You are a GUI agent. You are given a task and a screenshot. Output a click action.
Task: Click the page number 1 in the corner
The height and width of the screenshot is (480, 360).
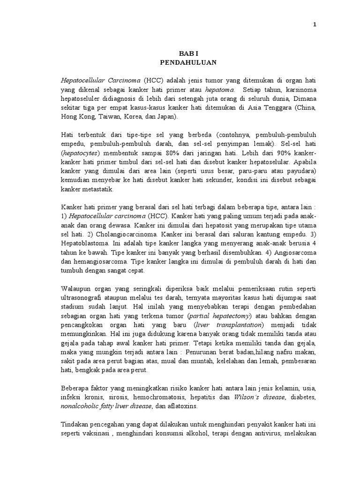click(x=315, y=25)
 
